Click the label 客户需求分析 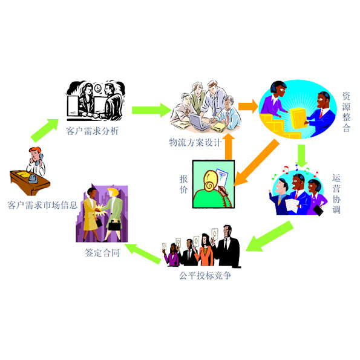coord(93,131)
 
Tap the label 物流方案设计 coord(195,142)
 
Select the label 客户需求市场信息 coord(42,205)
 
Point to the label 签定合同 coord(102,253)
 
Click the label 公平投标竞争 coord(205,275)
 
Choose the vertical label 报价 coord(183,185)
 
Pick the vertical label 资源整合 coord(346,112)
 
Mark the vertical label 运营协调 coord(336,194)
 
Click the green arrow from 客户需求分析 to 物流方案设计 coord(151,110)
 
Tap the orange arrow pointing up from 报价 coord(229,147)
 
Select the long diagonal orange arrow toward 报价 coord(257,162)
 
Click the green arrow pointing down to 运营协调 coord(301,156)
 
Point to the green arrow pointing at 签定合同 coord(143,254)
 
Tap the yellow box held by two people coord(298,118)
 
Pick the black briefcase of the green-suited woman coord(115,225)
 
